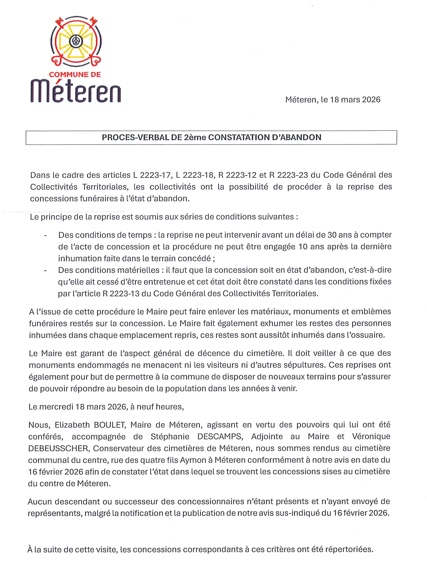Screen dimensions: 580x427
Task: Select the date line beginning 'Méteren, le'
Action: tap(333, 100)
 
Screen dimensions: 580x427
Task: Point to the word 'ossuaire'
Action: tap(369, 335)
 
